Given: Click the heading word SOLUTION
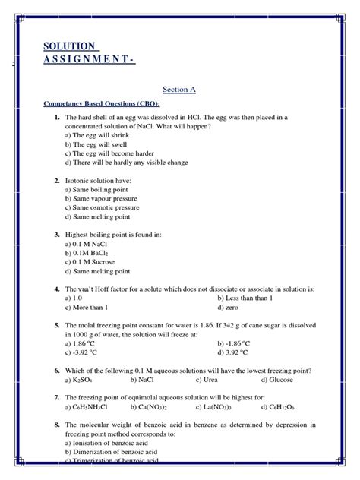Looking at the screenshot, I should pos(69,47).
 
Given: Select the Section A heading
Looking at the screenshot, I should pos(179,89).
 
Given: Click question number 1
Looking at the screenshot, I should pos(57,118).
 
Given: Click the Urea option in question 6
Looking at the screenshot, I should pos(209,379).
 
